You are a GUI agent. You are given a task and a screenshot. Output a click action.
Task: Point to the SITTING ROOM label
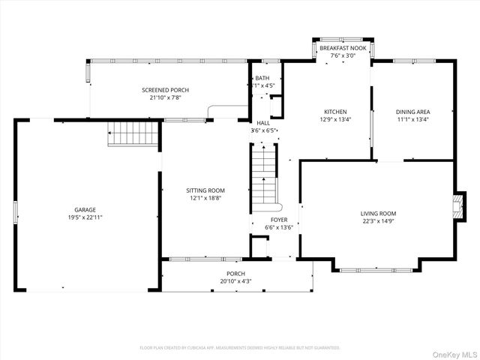click(205, 190)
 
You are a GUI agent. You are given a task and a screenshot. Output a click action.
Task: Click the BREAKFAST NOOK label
click(343, 48)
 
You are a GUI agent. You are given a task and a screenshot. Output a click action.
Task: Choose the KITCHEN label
click(335, 111)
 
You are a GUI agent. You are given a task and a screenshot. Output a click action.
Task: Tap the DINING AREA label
click(412, 111)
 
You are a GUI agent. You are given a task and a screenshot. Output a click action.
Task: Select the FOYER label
click(279, 220)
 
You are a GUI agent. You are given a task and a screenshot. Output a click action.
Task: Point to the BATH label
click(262, 78)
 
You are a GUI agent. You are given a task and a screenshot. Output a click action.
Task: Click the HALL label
click(263, 123)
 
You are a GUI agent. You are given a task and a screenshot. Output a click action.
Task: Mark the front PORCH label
click(236, 274)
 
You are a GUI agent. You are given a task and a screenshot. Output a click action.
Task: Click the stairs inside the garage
click(133, 133)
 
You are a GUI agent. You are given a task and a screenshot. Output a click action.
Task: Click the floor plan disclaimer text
click(240, 348)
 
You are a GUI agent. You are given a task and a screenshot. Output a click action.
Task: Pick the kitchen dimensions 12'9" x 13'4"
click(335, 118)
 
